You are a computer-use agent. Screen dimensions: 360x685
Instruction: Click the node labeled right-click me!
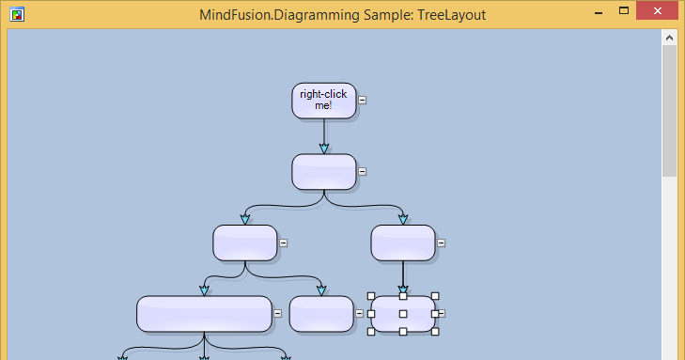click(x=323, y=100)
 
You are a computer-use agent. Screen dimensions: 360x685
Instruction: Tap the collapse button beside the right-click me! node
click(x=363, y=100)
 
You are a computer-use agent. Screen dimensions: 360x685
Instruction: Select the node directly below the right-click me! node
click(x=324, y=171)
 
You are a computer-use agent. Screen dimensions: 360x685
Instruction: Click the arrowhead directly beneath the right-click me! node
click(x=324, y=148)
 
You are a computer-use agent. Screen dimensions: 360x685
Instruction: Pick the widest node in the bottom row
click(x=204, y=314)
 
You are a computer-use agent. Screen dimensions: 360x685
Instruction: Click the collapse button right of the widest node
click(x=277, y=313)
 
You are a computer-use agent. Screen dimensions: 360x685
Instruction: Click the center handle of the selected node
click(x=403, y=314)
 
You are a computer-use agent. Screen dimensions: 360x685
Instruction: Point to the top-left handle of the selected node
click(x=371, y=296)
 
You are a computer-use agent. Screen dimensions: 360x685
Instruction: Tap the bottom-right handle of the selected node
click(x=435, y=331)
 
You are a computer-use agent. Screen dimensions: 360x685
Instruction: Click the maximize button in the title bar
click(x=623, y=11)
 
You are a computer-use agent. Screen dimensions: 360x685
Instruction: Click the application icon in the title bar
click(x=15, y=14)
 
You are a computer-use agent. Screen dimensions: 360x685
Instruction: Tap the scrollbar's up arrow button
click(x=669, y=38)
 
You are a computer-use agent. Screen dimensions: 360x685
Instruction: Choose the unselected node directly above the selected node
click(x=403, y=243)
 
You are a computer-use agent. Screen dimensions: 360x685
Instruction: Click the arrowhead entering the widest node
click(x=204, y=290)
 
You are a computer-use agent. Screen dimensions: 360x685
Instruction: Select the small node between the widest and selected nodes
click(x=321, y=314)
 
